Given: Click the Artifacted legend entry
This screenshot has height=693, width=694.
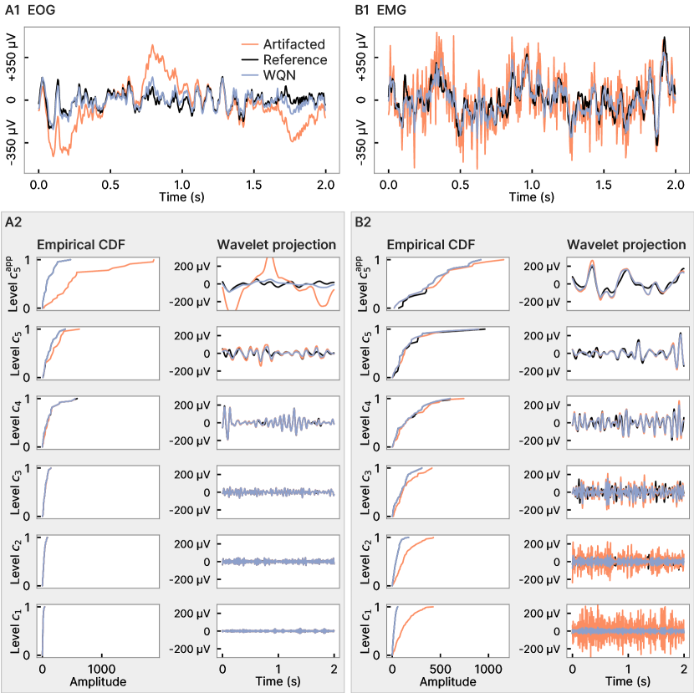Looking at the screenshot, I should coord(293,44).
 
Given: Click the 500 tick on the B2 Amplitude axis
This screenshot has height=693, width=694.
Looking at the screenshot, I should coord(440,670).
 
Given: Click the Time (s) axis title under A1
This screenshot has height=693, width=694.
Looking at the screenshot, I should coord(182,197).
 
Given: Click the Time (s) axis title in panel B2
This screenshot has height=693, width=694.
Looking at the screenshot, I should coord(628,682).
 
